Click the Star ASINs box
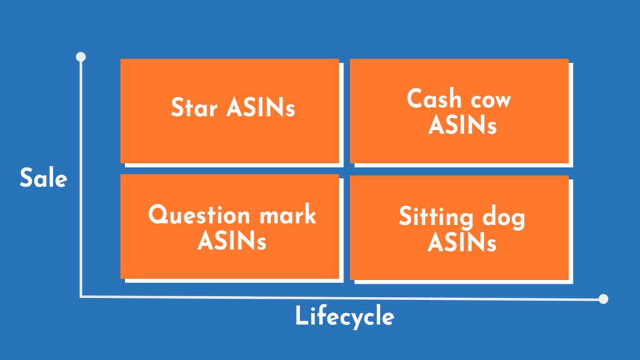(x=229, y=111)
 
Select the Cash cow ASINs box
(x=459, y=111)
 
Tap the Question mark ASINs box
(x=229, y=226)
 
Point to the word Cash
(x=434, y=99)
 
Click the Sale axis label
(x=43, y=179)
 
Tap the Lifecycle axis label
(x=344, y=317)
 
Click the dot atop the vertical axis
(x=81, y=57)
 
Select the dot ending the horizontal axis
(x=603, y=299)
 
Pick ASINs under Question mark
(x=232, y=241)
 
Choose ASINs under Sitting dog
(x=462, y=242)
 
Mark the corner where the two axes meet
(x=81, y=297)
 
